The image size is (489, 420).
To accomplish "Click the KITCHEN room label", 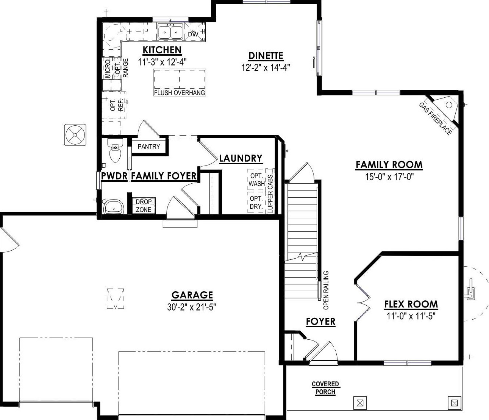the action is (x=162, y=50).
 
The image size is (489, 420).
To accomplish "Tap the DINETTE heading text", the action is (x=266, y=56).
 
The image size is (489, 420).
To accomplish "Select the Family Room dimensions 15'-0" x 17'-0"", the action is (x=389, y=176).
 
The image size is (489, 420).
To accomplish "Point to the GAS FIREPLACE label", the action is (x=435, y=119).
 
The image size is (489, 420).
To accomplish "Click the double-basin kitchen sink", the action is (x=170, y=32).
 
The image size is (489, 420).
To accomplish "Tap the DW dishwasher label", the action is (x=193, y=34).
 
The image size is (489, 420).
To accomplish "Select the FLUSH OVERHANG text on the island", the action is (x=179, y=93).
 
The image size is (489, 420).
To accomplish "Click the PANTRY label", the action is (x=149, y=147).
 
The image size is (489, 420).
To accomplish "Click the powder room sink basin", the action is (x=114, y=207).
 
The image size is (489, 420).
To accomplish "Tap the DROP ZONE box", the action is (x=143, y=206).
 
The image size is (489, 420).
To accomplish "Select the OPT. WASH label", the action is (x=257, y=180).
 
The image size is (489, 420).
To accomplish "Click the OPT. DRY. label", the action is (x=256, y=203).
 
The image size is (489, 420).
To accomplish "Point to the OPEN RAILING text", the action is (x=326, y=290).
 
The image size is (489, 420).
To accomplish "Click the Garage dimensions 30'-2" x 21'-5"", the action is (x=192, y=307).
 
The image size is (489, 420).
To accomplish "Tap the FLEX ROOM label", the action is (x=411, y=304).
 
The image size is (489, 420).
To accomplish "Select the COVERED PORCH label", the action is (x=325, y=388).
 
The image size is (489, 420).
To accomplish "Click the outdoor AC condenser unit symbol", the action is (x=75, y=135).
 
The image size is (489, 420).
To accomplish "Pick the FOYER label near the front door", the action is (x=320, y=322).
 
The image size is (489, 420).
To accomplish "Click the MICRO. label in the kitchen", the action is (x=108, y=68).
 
